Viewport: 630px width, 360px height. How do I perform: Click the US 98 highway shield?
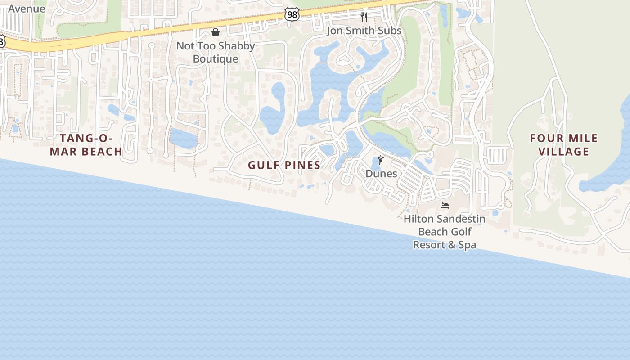pos(292,14)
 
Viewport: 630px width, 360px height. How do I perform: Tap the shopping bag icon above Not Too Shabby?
pos(216,32)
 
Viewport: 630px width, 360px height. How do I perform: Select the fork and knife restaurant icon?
pos(364,17)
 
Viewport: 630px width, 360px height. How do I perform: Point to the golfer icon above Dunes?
pos(381,160)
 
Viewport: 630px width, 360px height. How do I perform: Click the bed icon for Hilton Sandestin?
pos(445,206)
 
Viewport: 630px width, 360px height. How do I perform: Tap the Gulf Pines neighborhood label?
pos(284,165)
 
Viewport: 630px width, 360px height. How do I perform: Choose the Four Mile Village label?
pos(564,144)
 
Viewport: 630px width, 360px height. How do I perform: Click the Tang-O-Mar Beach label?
pos(86,144)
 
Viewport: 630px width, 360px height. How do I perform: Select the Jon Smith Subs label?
pos(364,31)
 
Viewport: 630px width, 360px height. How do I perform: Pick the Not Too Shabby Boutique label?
pos(216,52)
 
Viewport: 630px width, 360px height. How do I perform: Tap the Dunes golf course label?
pos(381,174)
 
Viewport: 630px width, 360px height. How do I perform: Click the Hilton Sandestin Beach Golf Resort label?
pos(445,232)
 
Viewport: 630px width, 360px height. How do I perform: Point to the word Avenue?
pos(27,9)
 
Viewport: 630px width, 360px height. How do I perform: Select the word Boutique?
pos(216,59)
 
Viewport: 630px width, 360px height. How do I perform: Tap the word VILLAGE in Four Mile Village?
pos(564,151)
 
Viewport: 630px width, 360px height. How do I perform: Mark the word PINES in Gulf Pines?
pos(302,165)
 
